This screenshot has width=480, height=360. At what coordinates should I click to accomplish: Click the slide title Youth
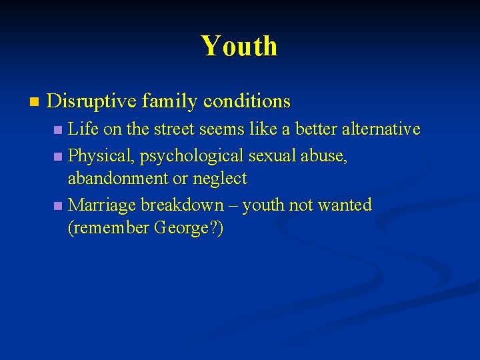tap(239, 47)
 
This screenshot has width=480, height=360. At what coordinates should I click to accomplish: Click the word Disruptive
tap(92, 101)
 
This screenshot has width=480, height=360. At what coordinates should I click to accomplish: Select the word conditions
tap(247, 101)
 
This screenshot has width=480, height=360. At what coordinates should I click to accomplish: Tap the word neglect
tap(219, 179)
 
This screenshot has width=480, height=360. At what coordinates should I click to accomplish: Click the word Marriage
tap(103, 205)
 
